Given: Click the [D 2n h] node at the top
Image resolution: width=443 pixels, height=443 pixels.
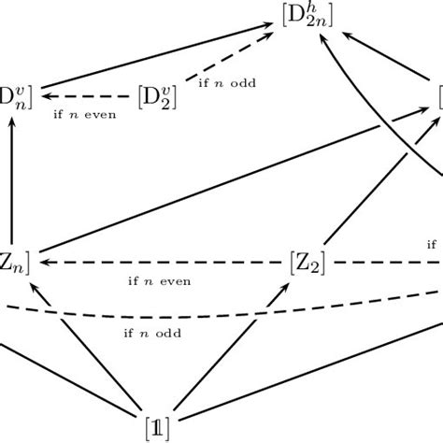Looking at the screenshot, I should tap(306, 16).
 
